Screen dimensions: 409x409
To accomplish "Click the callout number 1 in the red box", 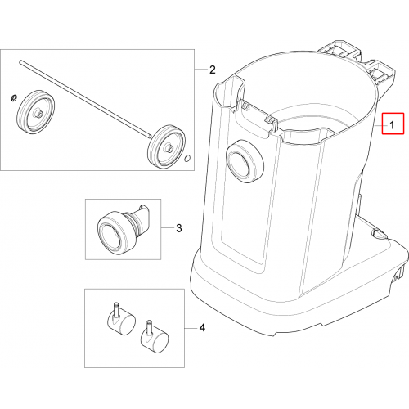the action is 392,125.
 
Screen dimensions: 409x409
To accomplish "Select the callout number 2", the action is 213,70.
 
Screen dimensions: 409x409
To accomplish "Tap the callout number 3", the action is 179,228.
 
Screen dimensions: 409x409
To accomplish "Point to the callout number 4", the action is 202,328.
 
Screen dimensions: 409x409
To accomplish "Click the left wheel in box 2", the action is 36,111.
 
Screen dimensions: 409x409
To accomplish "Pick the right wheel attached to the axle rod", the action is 165,146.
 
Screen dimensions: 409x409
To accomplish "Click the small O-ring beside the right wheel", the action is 187,158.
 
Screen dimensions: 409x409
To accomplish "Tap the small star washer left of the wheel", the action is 15,97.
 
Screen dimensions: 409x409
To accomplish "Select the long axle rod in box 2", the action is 84,99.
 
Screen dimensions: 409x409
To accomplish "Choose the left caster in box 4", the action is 120,321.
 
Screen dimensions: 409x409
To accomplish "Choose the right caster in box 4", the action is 154,339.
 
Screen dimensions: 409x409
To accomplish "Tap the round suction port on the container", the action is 245,161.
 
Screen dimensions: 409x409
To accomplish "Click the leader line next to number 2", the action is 200,70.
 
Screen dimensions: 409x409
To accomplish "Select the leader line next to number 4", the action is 191,328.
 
